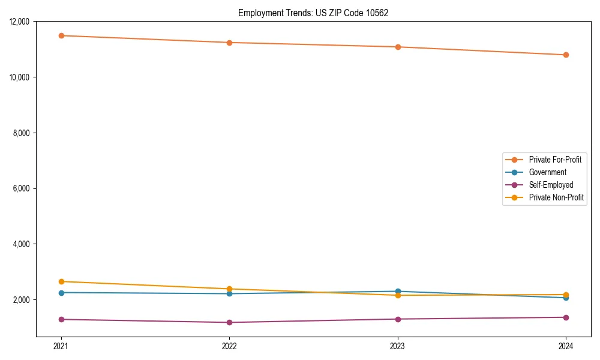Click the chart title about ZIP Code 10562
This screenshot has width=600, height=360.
pyautogui.click(x=313, y=13)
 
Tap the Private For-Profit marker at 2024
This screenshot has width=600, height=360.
pyautogui.click(x=566, y=55)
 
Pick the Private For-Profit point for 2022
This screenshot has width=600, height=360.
pyautogui.click(x=229, y=43)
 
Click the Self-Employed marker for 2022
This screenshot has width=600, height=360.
pyautogui.click(x=229, y=322)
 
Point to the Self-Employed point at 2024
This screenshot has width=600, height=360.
pyautogui.click(x=566, y=317)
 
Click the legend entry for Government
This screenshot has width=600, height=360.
pyautogui.click(x=547, y=172)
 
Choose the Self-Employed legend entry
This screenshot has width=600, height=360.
pyautogui.click(x=551, y=185)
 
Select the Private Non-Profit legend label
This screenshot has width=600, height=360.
pyautogui.click(x=556, y=197)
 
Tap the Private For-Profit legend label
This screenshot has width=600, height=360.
pyautogui.click(x=555, y=160)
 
